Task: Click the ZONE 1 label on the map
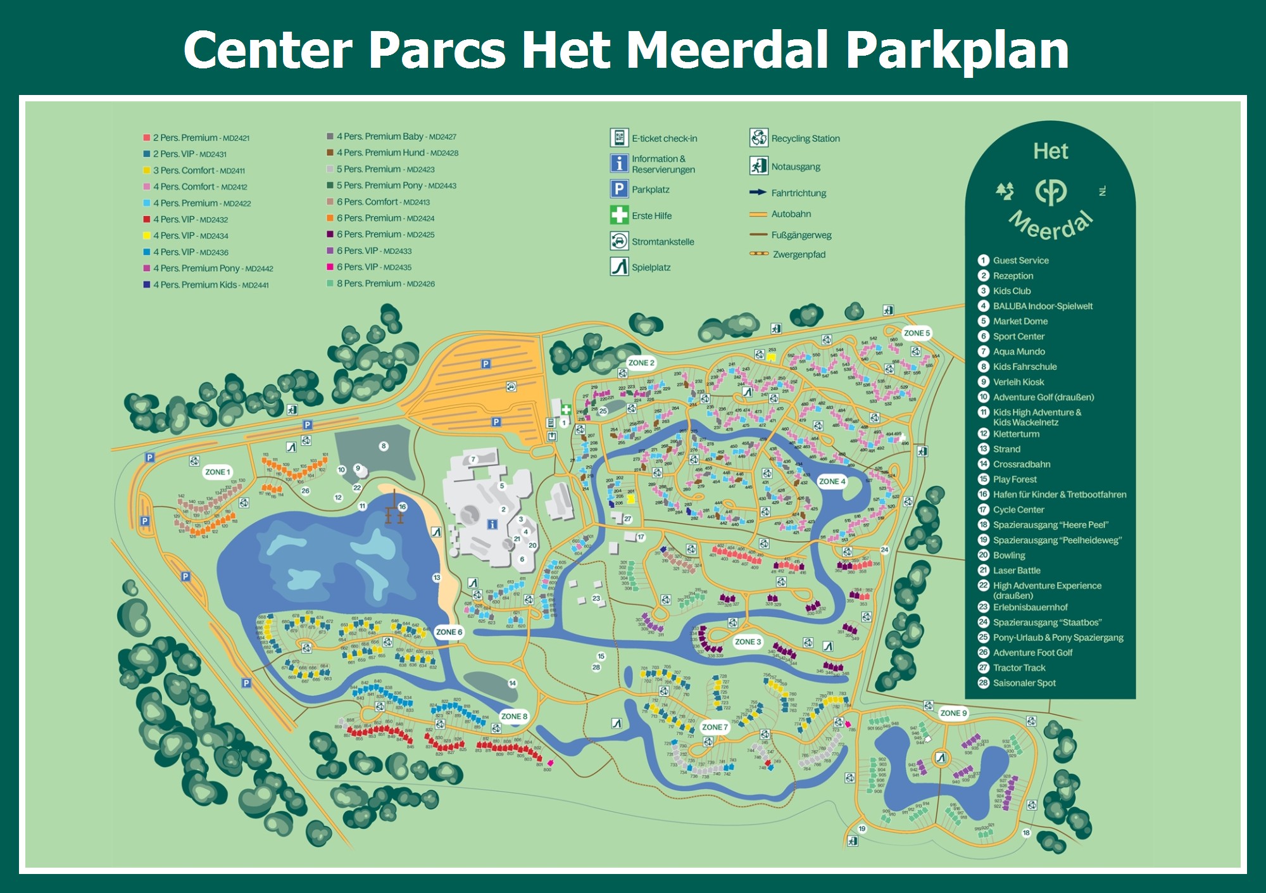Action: (x=218, y=472)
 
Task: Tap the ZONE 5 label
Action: (x=917, y=333)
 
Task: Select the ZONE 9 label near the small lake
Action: (x=953, y=713)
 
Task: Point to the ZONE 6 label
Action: (x=449, y=632)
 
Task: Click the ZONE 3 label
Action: (x=748, y=642)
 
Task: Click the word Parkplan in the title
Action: (x=957, y=51)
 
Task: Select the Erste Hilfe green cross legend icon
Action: (x=618, y=215)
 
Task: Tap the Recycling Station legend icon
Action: (x=758, y=137)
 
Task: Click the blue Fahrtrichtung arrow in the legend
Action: (x=758, y=193)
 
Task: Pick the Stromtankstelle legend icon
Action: (x=618, y=241)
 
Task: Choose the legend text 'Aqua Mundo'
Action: (x=1018, y=351)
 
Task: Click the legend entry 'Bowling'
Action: (x=1009, y=555)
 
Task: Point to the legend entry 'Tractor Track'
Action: (x=1019, y=668)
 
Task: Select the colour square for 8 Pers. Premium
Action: (x=330, y=284)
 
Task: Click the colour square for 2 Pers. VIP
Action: (x=147, y=154)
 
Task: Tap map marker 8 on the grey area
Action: (x=384, y=446)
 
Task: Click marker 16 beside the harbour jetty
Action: (x=403, y=507)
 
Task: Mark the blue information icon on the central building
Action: (x=492, y=524)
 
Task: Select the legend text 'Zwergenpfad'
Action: (x=799, y=255)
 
